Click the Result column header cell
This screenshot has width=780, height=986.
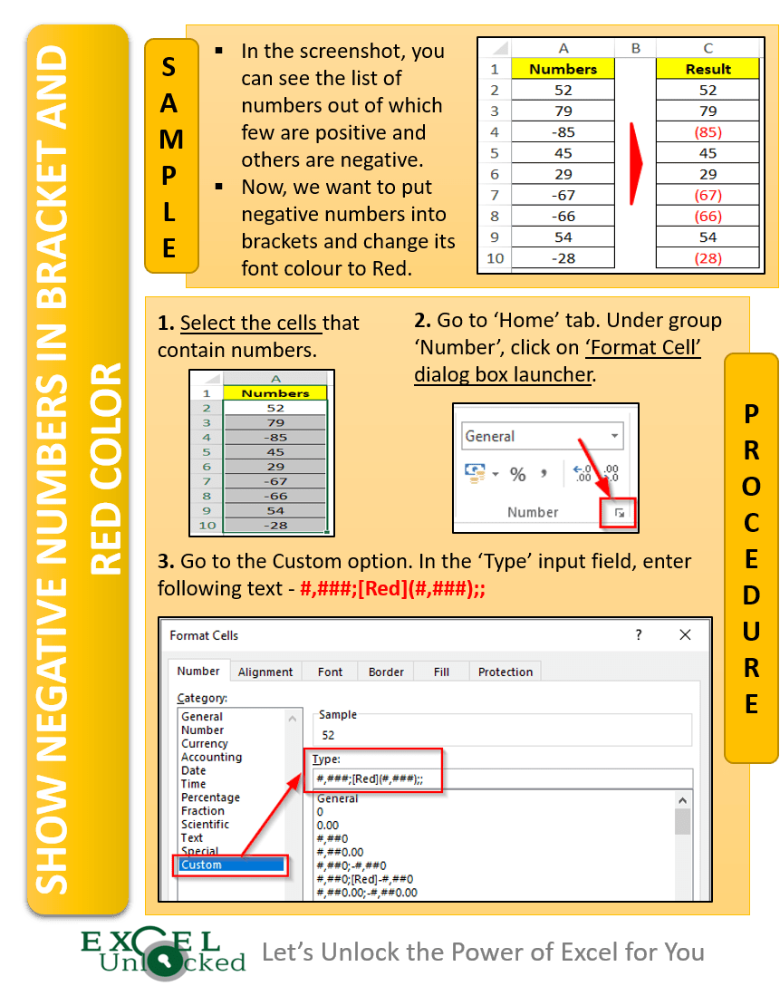[708, 69]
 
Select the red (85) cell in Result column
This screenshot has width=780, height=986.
[708, 132]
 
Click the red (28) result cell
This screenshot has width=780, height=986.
[708, 259]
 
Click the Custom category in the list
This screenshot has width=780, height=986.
[231, 865]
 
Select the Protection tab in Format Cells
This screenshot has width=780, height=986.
[505, 672]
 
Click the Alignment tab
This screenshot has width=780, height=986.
[265, 672]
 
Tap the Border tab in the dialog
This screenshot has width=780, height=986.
[386, 672]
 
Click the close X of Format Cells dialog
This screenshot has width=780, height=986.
[685, 635]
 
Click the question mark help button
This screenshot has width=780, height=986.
[638, 635]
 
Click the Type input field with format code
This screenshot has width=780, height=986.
[503, 779]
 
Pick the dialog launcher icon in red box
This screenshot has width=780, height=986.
[621, 513]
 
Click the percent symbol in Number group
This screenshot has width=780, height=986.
[518, 474]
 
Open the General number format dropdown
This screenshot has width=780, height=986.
[615, 436]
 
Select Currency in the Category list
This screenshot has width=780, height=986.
[205, 743]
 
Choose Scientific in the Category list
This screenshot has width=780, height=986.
[205, 825]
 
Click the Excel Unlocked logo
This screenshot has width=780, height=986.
[163, 953]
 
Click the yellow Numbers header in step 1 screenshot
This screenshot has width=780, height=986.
[275, 393]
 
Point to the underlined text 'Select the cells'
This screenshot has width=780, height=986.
[249, 324]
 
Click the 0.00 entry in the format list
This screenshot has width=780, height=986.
[328, 826]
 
